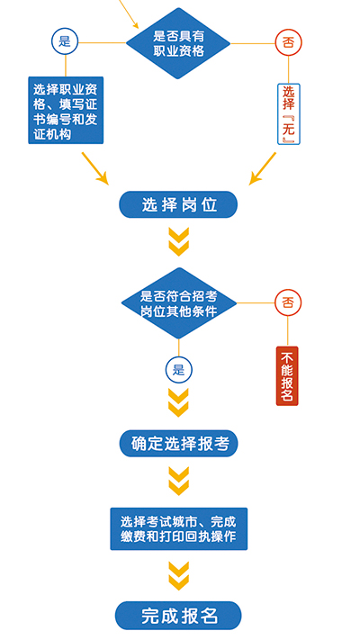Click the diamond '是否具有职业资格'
pos(178,43)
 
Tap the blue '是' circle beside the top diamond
pos(65,41)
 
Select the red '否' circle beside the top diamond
pos(288,42)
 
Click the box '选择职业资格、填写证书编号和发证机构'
pos(66,110)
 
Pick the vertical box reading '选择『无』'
pos(289,114)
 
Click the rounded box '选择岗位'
pos(178,204)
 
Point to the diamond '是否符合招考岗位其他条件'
pos(179,302)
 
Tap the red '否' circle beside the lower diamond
pos(288,302)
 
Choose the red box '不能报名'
pos(287,376)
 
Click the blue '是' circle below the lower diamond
pos(178,370)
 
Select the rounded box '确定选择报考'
pos(178,443)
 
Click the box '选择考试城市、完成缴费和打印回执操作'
pos(179,529)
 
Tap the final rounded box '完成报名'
pos(178,616)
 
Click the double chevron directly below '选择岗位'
pos(179,242)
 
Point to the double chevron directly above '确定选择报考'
pos(179,402)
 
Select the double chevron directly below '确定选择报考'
pos(179,482)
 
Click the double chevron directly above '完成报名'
pos(179,576)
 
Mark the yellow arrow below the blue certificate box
pos(95,168)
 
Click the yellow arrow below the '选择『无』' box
pos(263,168)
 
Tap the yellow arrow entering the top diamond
pos(129,14)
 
